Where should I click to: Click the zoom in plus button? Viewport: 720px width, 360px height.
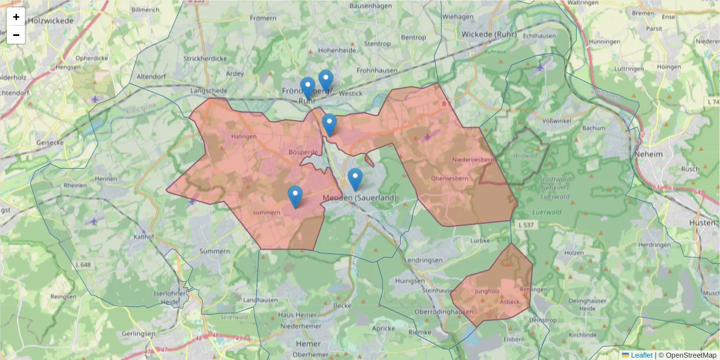(16, 17)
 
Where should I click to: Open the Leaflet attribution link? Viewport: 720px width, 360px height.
(641, 355)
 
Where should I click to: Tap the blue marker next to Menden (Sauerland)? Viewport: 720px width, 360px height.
(355, 179)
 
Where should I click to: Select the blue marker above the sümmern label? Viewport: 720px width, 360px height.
(295, 197)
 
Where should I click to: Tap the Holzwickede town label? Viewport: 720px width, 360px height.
(50, 20)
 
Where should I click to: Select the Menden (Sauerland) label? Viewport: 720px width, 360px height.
(359, 198)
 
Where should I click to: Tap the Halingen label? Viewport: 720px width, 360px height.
(244, 136)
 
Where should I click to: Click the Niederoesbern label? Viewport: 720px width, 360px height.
(474, 160)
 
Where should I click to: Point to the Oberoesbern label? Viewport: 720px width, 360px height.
(449, 179)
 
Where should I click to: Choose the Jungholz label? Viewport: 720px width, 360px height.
(487, 292)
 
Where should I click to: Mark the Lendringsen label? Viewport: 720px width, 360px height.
(424, 260)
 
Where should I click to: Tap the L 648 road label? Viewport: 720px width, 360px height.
(83, 265)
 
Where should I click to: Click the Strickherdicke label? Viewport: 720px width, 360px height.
(205, 59)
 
